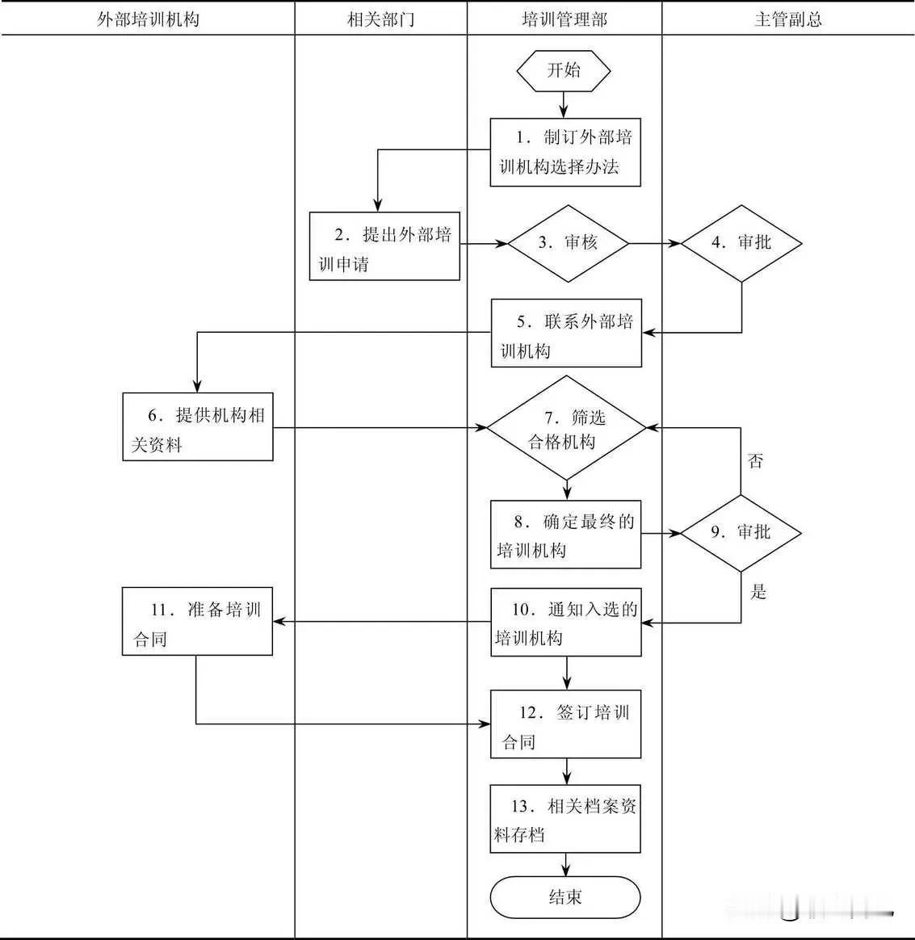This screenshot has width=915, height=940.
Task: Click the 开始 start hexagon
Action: click(x=564, y=70)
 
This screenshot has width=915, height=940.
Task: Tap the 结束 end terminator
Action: click(x=565, y=897)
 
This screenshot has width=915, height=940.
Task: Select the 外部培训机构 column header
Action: click(x=148, y=19)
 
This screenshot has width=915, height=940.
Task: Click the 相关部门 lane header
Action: click(x=380, y=19)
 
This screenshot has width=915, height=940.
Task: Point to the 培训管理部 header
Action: click(x=565, y=19)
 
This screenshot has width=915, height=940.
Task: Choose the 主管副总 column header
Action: click(x=787, y=19)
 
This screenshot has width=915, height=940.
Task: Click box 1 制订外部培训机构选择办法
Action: click(x=565, y=152)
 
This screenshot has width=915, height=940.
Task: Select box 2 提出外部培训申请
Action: click(x=384, y=246)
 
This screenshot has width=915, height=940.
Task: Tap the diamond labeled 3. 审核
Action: click(x=568, y=242)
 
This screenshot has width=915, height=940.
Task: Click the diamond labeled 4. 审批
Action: click(x=741, y=242)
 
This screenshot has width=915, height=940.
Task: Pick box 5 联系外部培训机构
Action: click(x=567, y=333)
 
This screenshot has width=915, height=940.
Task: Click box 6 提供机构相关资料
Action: click(x=198, y=426)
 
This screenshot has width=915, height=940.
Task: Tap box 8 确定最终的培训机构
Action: click(x=565, y=534)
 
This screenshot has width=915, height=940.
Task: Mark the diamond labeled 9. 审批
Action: click(x=741, y=532)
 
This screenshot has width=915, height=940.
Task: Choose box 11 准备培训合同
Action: click(x=197, y=621)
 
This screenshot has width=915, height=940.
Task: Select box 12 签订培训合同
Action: click(x=565, y=724)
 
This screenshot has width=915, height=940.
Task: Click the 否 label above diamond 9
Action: click(x=756, y=461)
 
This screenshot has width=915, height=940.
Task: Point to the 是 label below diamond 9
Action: click(x=758, y=592)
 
